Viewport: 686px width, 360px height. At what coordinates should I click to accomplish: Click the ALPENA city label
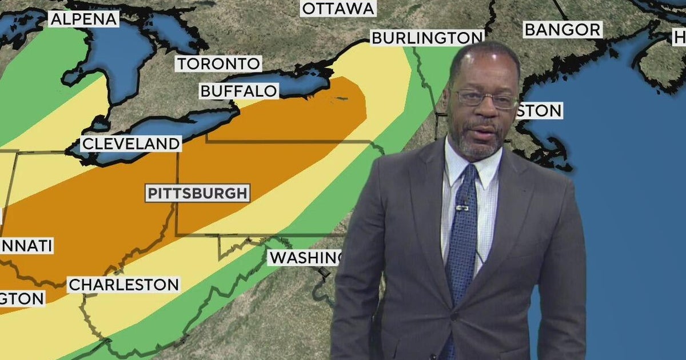[x=83, y=19]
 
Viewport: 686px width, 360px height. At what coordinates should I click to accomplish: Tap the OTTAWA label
[x=338, y=9]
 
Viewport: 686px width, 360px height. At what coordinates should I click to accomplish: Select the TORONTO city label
[x=218, y=63]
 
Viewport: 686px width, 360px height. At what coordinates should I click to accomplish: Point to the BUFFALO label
[x=239, y=91]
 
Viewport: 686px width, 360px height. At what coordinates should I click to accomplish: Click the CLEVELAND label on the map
[x=131, y=143]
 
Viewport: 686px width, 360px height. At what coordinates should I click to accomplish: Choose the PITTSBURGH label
[x=198, y=193]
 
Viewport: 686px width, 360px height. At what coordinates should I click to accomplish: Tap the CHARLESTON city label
[x=123, y=285]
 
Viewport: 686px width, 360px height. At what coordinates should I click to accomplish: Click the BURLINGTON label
[x=426, y=38]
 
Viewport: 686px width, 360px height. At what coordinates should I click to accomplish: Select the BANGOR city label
[x=563, y=29]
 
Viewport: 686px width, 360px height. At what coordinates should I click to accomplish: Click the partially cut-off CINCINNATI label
[x=26, y=246]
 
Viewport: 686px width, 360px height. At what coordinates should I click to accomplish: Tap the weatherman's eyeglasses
[x=486, y=99]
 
